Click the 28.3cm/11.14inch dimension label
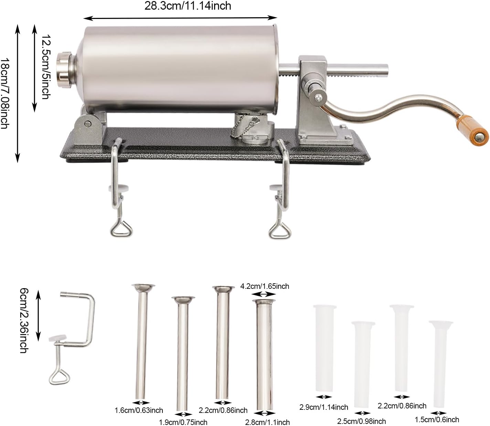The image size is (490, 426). [x=188, y=6]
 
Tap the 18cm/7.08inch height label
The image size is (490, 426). [x=5, y=93]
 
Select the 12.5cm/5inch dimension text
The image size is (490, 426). [x=46, y=67]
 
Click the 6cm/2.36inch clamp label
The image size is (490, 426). [x=24, y=321]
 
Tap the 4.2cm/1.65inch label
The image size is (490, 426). [x=265, y=286]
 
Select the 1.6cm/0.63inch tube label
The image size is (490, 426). [x=139, y=410]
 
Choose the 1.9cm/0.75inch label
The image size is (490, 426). [x=183, y=423]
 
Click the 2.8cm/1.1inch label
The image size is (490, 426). [x=267, y=423]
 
